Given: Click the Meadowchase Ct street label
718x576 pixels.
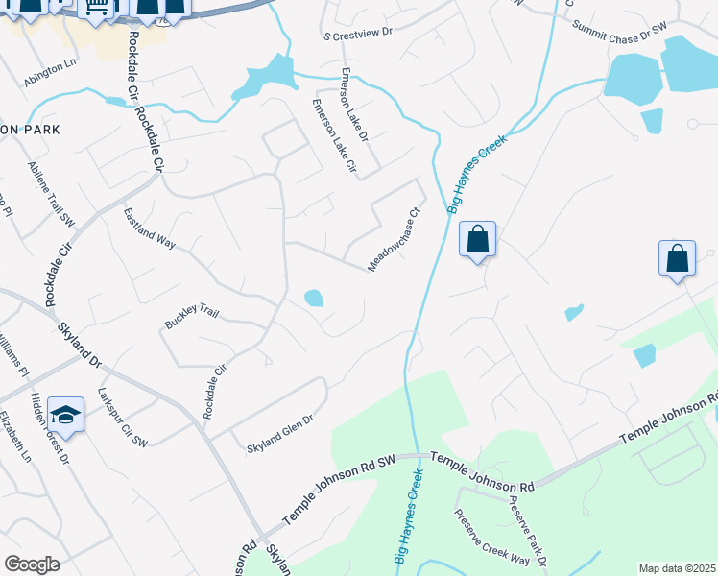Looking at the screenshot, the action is click(395, 240).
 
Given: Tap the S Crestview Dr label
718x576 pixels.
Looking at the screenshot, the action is click(359, 32).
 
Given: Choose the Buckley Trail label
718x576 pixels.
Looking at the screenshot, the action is click(193, 316).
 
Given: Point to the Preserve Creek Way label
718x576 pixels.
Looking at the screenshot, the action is click(492, 533).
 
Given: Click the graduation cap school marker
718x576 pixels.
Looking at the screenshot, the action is click(65, 414).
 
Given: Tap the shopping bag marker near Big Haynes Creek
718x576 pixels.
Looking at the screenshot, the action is click(477, 239).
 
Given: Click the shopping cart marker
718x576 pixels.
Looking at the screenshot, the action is click(96, 8).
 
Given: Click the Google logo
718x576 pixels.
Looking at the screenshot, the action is click(32, 564).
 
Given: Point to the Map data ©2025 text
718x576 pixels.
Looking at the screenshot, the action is click(677, 568).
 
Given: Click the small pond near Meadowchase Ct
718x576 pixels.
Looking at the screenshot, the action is click(314, 299).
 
